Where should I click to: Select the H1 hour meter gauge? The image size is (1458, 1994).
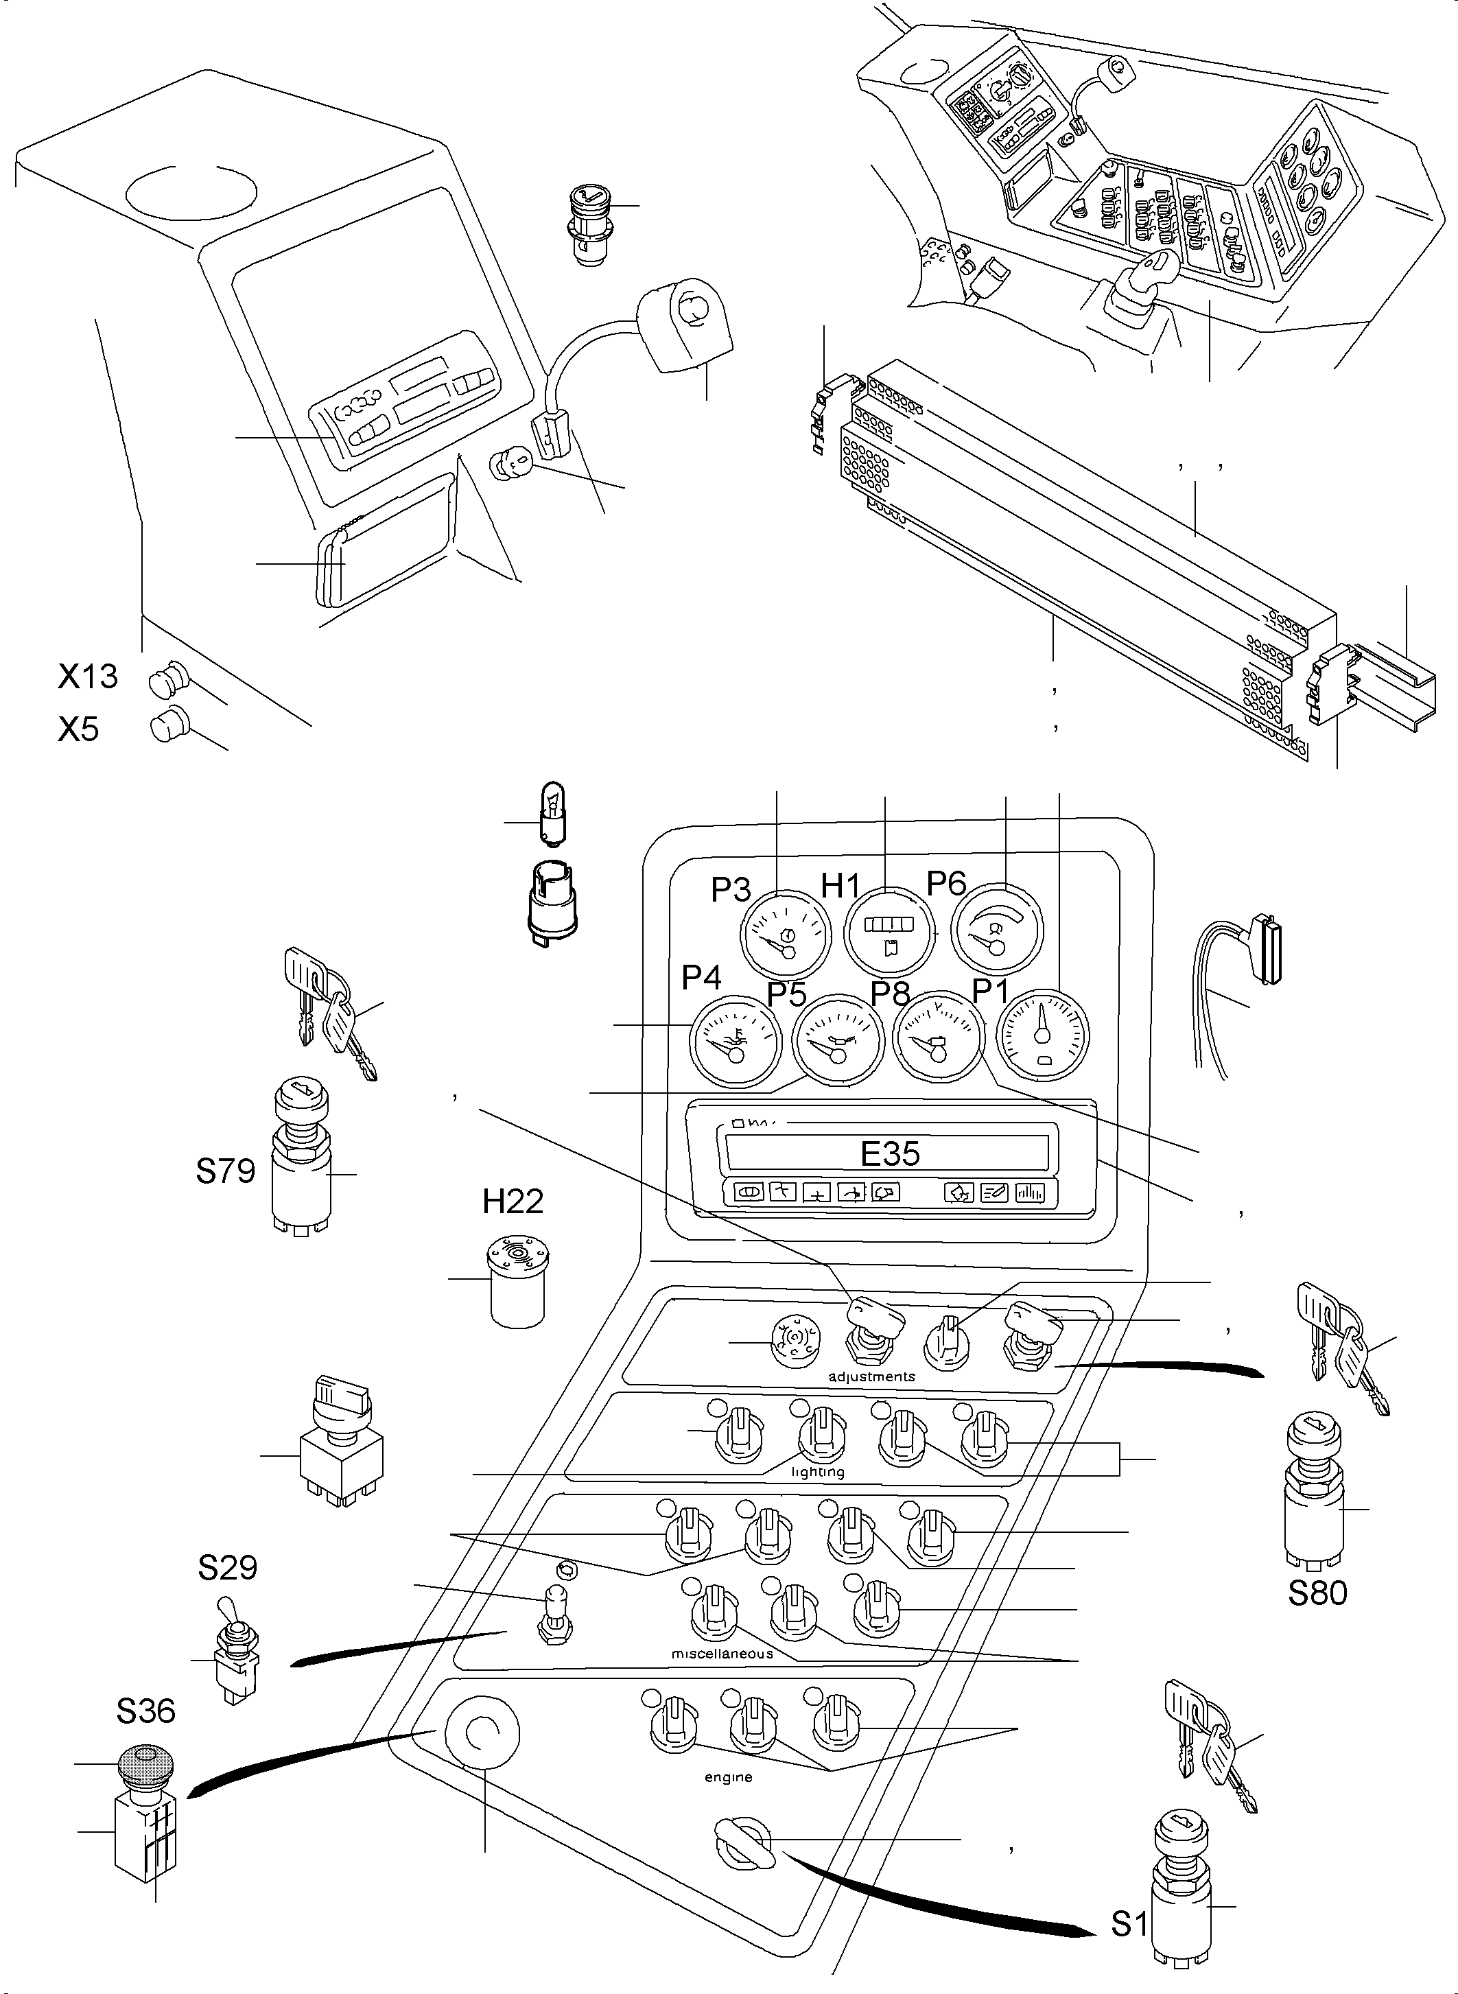click(x=890, y=932)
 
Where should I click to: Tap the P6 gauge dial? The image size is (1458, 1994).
click(x=996, y=932)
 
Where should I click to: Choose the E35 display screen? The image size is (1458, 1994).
click(x=890, y=1153)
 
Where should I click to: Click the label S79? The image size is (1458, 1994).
click(x=225, y=1171)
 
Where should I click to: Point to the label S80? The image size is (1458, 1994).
click(x=1317, y=1593)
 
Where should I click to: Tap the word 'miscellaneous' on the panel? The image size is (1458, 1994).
click(x=722, y=1653)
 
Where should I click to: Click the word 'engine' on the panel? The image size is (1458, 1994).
click(x=728, y=1777)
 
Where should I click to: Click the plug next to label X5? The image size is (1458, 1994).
click(x=167, y=725)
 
